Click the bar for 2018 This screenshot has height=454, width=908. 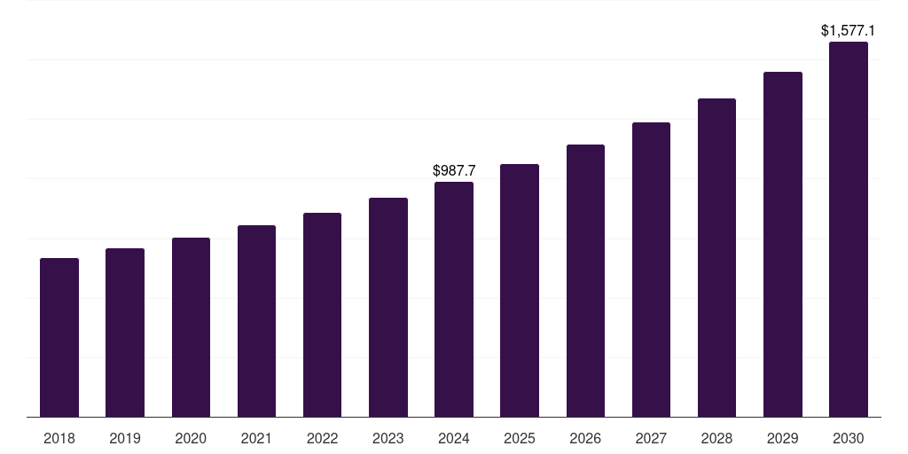pyautogui.click(x=59, y=337)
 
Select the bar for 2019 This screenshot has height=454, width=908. pyautogui.click(x=125, y=333)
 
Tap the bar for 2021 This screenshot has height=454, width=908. pyautogui.click(x=256, y=321)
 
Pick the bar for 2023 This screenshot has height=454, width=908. pyautogui.click(x=388, y=307)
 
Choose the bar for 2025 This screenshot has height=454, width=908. pyautogui.click(x=520, y=290)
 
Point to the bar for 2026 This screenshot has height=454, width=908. pyautogui.click(x=585, y=280)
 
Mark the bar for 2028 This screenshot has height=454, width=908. pyautogui.click(x=716, y=257)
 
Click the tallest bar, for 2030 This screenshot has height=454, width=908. pyautogui.click(x=849, y=229)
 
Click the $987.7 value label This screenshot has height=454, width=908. pyautogui.click(x=454, y=170)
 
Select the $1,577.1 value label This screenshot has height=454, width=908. pyautogui.click(x=849, y=31)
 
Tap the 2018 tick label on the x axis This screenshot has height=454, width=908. pyautogui.click(x=59, y=438)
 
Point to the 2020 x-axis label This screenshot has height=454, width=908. pyautogui.click(x=191, y=438)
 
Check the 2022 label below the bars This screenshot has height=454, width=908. pyautogui.click(x=322, y=438)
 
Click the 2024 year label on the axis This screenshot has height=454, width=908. pyautogui.click(x=454, y=438)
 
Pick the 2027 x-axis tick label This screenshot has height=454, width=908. pyautogui.click(x=651, y=438)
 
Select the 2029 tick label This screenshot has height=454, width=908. pyautogui.click(x=783, y=438)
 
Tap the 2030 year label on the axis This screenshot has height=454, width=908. pyautogui.click(x=849, y=438)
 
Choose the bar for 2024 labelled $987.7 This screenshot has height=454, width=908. pyautogui.click(x=454, y=299)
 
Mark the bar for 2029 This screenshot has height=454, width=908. pyautogui.click(x=783, y=244)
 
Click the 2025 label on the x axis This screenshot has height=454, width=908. pyautogui.click(x=520, y=438)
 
